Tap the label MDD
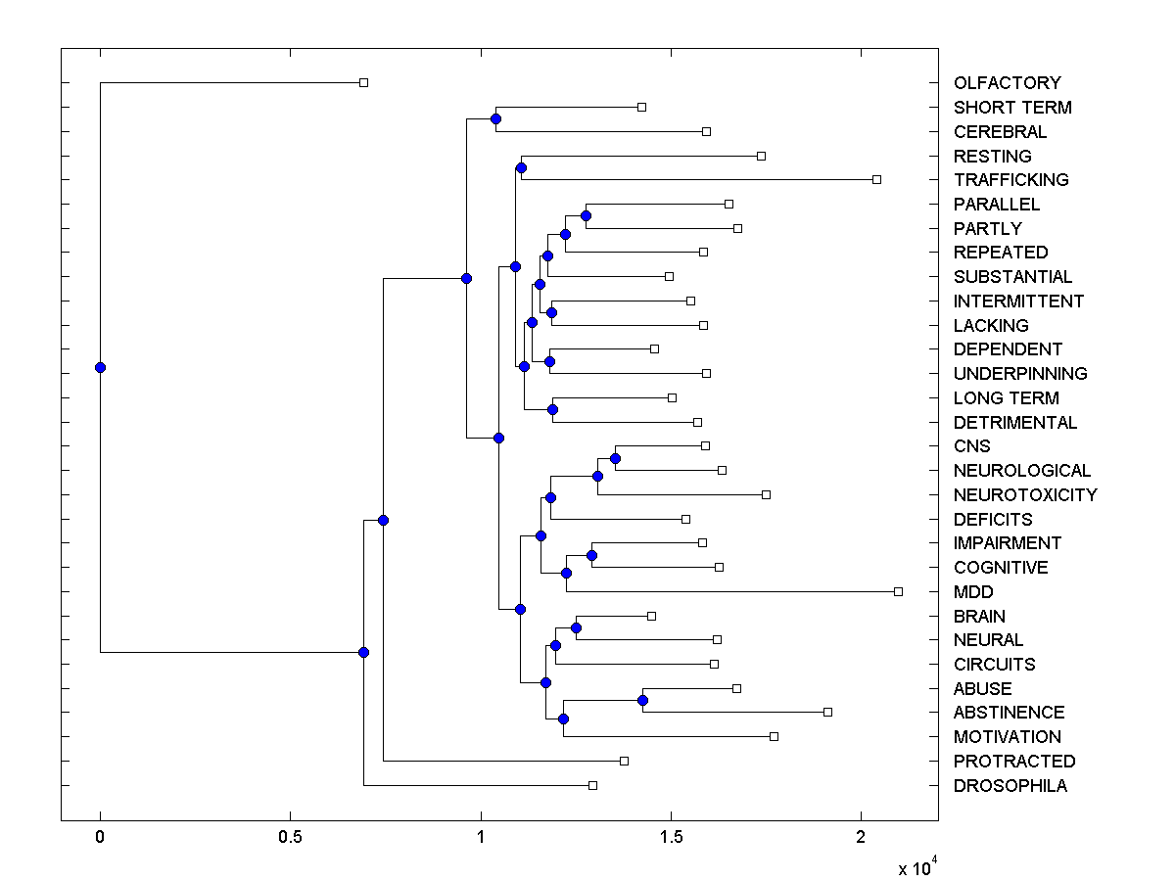[972, 592]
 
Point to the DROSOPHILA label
[1010, 786]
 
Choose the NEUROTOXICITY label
[1024, 495]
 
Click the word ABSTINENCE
[1009, 713]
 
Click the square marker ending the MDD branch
[898, 591]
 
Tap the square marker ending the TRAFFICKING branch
[876, 179]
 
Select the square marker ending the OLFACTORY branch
[363, 82]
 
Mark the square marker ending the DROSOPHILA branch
[592, 785]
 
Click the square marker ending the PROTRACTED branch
[624, 761]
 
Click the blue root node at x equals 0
[100, 367]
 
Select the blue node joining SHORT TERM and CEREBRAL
[495, 118]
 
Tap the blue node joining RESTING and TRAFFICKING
[521, 167]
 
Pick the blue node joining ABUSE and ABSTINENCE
[642, 700]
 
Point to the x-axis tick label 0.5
[290, 837]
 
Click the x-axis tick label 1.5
[671, 837]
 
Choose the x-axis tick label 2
[861, 837]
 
